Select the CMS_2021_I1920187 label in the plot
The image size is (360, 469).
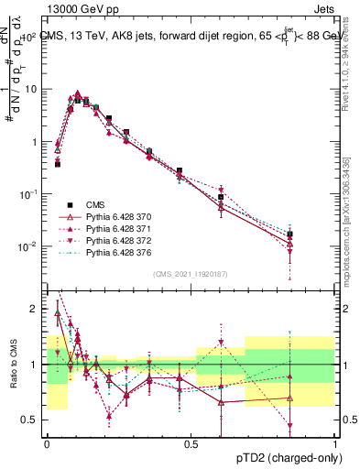[x=190, y=274]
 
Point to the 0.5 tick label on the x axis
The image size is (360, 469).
[x=191, y=443]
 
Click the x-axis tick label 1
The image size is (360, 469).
[x=335, y=443]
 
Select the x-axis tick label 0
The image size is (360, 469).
[x=47, y=443]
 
